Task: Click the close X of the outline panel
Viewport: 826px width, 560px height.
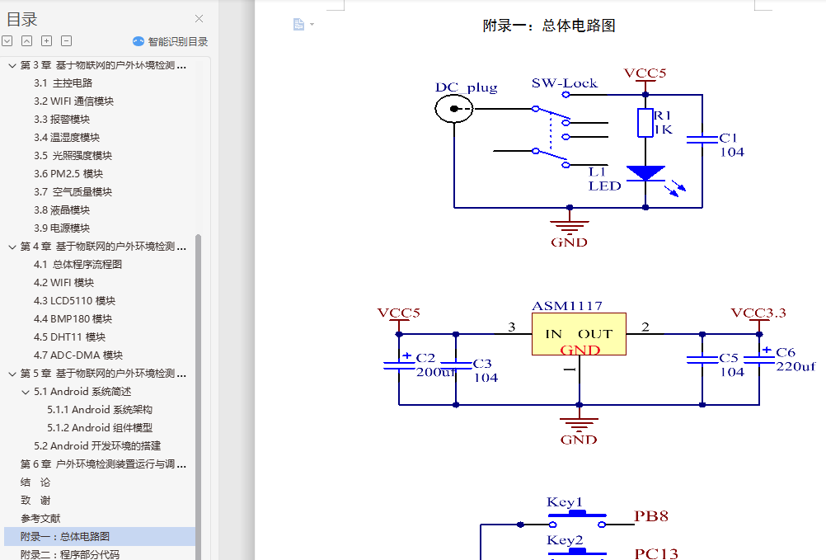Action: coord(199,19)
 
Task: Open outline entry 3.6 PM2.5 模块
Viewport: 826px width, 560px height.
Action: coord(68,174)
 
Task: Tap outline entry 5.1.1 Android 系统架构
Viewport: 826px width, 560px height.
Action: coord(99,410)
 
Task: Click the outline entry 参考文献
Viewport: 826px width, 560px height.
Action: coord(40,519)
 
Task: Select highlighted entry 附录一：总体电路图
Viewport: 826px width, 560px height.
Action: coord(65,537)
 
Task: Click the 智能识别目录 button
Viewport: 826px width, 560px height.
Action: coord(171,41)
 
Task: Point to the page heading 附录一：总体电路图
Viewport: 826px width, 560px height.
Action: coord(548,26)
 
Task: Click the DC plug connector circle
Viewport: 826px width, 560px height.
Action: coord(454,109)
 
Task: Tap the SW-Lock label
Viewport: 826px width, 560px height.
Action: coord(564,83)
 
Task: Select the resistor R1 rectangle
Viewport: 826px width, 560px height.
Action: coord(645,123)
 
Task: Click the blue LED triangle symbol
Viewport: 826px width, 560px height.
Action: coord(645,173)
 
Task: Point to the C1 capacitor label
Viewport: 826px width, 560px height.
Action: coord(728,138)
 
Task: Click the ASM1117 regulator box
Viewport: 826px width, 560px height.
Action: coord(578,334)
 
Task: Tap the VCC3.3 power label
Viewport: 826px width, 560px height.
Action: coord(758,313)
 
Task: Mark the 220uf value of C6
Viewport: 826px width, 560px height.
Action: coord(795,366)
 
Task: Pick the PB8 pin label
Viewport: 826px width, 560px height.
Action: coord(650,517)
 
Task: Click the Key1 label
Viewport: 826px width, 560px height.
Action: coord(565,502)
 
